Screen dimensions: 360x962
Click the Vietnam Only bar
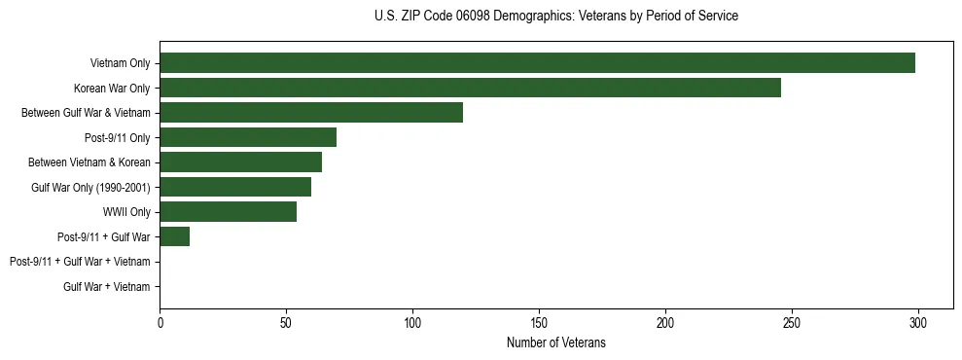tap(537, 63)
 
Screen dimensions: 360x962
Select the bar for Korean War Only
tap(470, 89)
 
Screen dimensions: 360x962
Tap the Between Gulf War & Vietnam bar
tap(311, 113)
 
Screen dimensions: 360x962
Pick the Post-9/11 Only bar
tap(248, 137)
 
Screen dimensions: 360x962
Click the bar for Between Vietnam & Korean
tap(240, 162)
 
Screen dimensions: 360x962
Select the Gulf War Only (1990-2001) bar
tap(235, 187)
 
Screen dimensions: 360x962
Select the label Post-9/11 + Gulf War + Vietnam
tap(80, 262)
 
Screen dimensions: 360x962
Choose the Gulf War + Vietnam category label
tap(107, 286)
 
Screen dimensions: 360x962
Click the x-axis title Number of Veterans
tap(555, 342)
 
